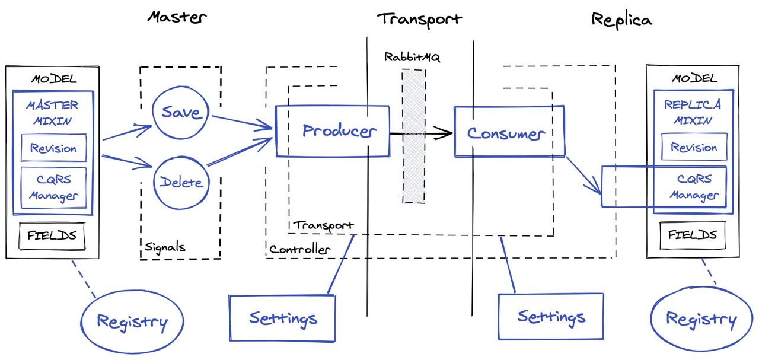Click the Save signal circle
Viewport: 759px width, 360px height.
(x=181, y=112)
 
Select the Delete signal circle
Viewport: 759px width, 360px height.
(x=181, y=183)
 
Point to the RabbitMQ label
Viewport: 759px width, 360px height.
(x=412, y=58)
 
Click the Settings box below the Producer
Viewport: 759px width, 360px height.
(x=282, y=318)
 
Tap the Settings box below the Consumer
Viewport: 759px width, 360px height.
(x=551, y=316)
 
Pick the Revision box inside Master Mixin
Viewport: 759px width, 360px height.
(x=53, y=148)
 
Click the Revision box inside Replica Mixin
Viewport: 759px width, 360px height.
(x=694, y=148)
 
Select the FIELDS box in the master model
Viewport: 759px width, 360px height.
(x=52, y=235)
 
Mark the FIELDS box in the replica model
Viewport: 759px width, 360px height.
(x=692, y=235)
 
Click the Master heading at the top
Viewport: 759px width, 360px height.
(x=176, y=17)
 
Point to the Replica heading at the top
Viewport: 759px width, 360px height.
(x=621, y=20)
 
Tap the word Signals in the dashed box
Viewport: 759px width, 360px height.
(x=165, y=247)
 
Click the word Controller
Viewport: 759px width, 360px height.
(x=299, y=250)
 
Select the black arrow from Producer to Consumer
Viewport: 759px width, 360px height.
(x=421, y=134)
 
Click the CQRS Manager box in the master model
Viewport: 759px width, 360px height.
(x=53, y=187)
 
